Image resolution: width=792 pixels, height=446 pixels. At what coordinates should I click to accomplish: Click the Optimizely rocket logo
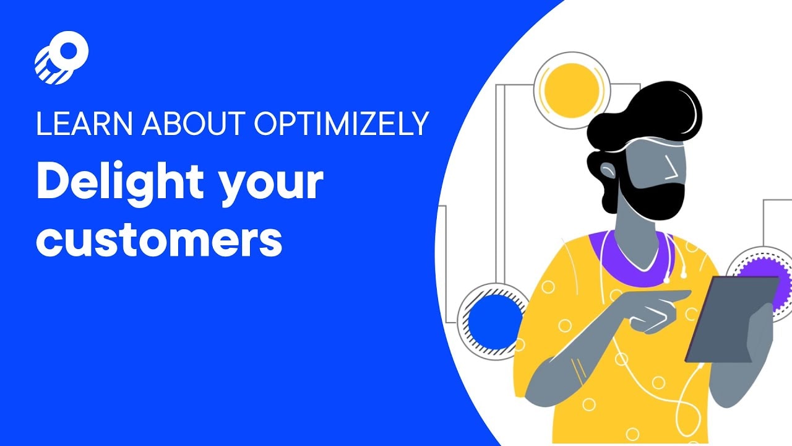pos(61,58)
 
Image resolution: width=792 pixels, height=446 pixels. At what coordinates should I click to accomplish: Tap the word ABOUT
pos(194,123)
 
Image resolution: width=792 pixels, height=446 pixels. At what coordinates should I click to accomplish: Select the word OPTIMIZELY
pos(342,123)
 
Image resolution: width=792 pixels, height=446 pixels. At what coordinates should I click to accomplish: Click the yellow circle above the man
pos(572,90)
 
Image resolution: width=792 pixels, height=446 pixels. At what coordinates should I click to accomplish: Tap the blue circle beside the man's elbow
pos(494,322)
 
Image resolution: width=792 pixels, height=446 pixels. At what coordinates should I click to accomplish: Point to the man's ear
pos(608,170)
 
